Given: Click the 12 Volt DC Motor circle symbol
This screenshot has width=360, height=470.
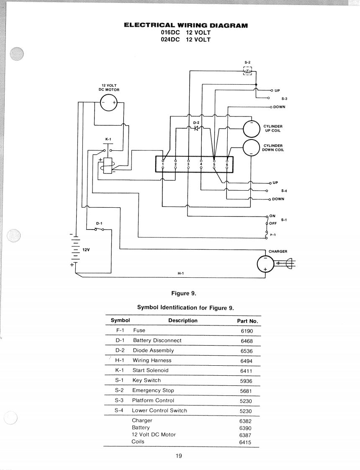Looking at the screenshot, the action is coord(108,102).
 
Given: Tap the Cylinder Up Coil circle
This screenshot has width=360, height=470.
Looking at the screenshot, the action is coord(252,129).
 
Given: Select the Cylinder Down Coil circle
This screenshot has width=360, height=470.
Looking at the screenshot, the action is coord(251,148).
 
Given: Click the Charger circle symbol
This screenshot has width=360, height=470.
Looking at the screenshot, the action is coord(265,264).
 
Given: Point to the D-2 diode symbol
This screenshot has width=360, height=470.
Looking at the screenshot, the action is coord(196,128).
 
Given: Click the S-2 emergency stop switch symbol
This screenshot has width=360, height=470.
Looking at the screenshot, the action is coord(248,71).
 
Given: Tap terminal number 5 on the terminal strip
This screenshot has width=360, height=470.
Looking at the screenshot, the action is coord(214,164).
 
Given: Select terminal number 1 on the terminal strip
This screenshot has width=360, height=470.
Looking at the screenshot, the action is coord(163,164).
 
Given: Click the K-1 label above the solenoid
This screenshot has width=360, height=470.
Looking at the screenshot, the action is coord(108,139).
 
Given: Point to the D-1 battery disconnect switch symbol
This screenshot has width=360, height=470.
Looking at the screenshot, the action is coord(99,229).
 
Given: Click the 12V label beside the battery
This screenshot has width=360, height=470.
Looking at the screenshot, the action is coord(86,249).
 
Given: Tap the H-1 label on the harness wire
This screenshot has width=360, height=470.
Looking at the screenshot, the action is coord(180,274).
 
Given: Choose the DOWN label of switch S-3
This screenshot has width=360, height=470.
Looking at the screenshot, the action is coord(279,107).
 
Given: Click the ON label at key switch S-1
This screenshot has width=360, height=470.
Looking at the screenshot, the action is coord(272,216).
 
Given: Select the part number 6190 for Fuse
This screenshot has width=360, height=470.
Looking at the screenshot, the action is coord(247,331).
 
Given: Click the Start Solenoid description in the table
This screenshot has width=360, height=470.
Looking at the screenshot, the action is coord(150,370).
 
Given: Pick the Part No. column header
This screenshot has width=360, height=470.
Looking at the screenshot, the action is coord(247,321).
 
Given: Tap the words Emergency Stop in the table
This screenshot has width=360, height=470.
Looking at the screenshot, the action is coord(153,390).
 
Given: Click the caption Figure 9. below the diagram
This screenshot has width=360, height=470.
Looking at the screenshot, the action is coord(184,294).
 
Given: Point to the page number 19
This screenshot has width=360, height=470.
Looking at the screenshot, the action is coord(179,456).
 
